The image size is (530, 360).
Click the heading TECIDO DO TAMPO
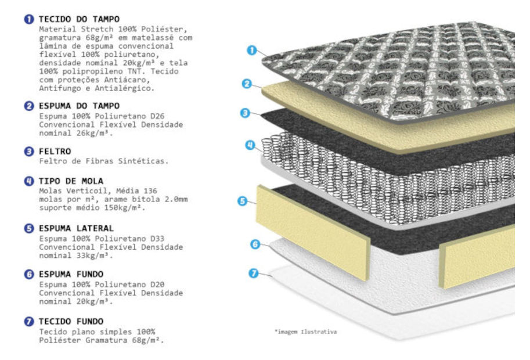coord(79,19)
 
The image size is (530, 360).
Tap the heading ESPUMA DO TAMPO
coord(79,106)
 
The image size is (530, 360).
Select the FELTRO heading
coord(55,151)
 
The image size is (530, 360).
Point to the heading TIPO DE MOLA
coord(71,181)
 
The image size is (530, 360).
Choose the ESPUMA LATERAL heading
coord(77,228)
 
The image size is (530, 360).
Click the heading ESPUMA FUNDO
coord(71,274)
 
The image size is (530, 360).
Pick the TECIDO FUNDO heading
coord(71,321)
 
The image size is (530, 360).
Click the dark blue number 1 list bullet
coord(29,19)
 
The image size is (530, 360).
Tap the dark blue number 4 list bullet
coord(29,181)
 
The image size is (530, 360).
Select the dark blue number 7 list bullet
coord(29,321)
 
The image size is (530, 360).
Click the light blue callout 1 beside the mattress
coord(252,51)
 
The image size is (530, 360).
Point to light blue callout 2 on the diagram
coord(247,84)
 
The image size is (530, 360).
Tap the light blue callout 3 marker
coord(245,113)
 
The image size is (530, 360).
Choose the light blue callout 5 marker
coord(242,201)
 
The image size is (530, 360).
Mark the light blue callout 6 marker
coord(255,244)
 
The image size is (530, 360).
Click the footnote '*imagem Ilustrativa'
coord(305,332)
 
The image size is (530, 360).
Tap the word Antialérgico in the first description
coord(124,88)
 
